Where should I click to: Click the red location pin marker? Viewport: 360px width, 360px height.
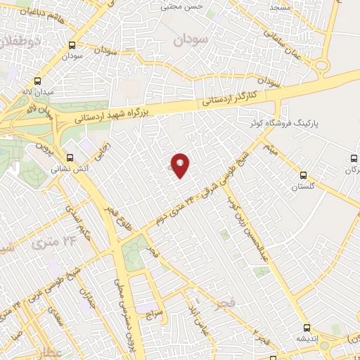tap(181, 165)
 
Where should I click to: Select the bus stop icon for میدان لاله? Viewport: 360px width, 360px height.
tap(37, 80)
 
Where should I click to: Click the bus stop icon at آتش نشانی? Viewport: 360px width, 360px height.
tap(69, 157)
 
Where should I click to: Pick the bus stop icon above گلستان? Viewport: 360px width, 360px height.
tap(304, 174)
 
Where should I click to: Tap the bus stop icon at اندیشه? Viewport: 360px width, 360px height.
tap(307, 327)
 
